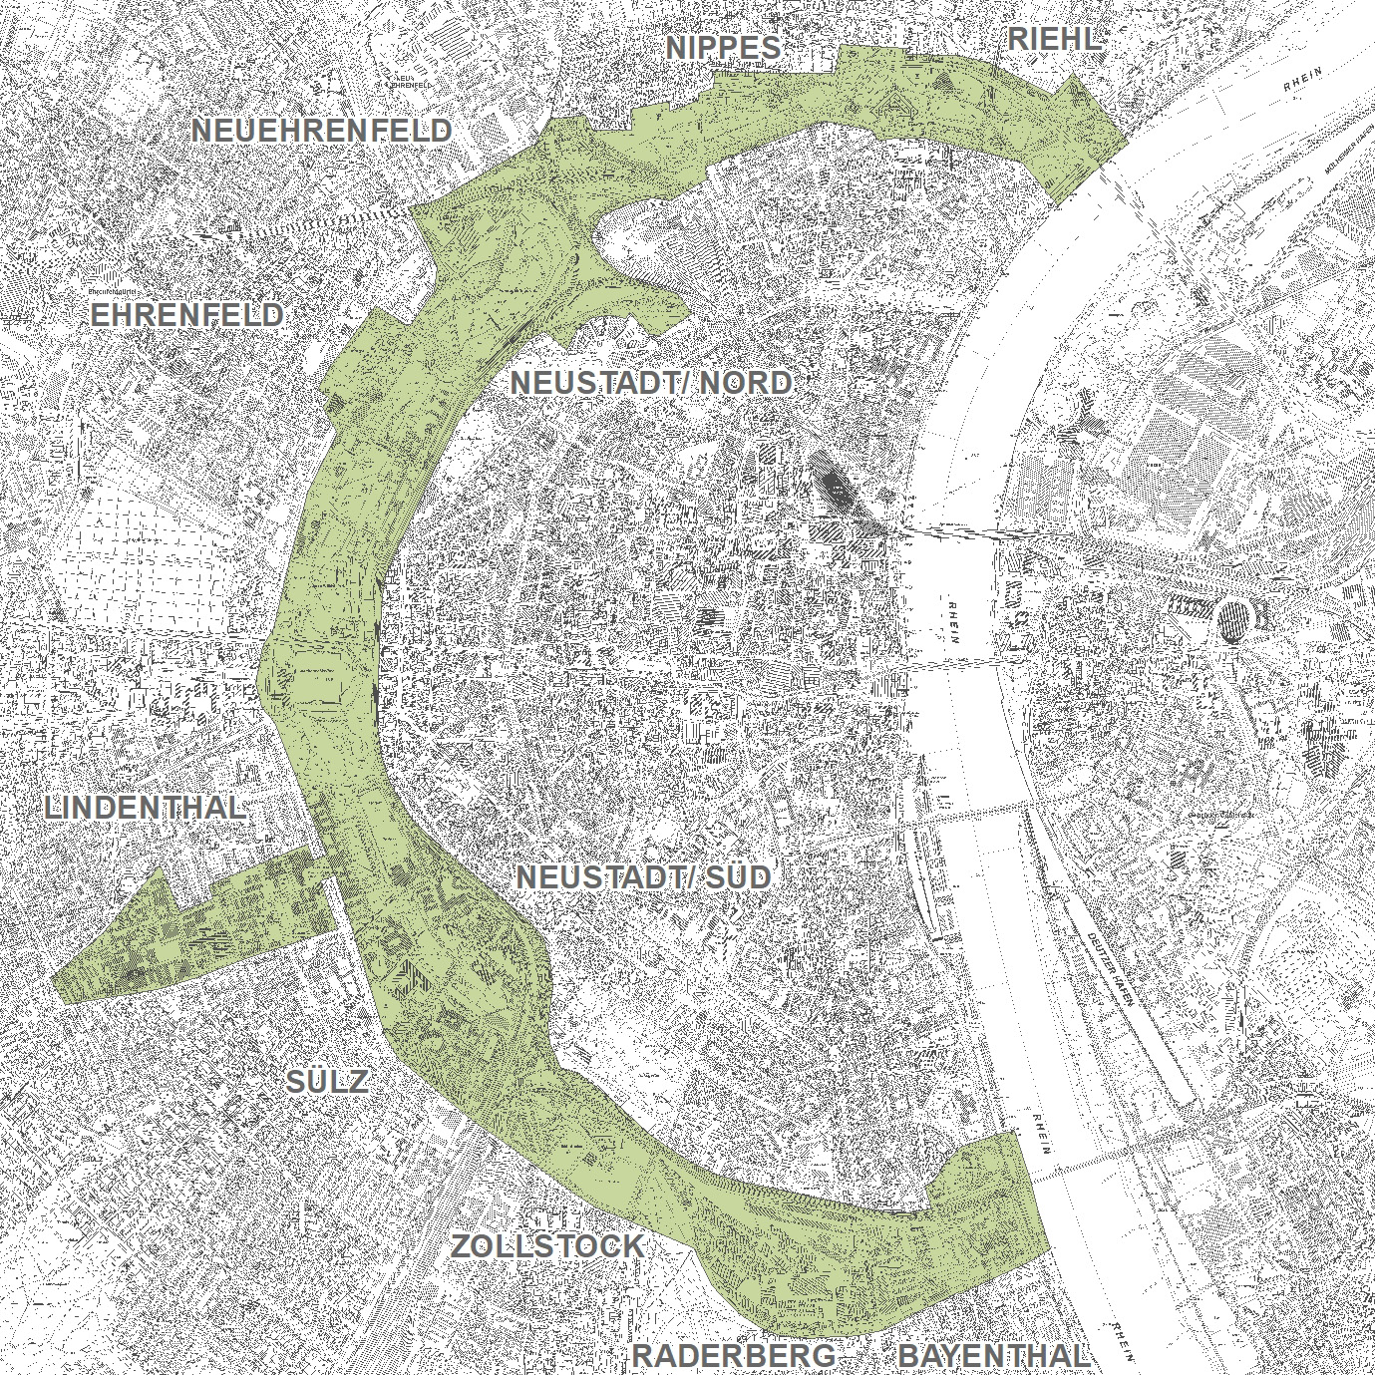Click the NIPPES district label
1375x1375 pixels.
point(723,47)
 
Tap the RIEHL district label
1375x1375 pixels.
point(1054,39)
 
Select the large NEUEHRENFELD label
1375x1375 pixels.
point(321,130)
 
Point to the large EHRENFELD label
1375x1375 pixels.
point(186,315)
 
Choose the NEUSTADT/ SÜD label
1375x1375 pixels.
point(644,876)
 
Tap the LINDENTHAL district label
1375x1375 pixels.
point(146,808)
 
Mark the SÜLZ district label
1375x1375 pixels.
point(328,1081)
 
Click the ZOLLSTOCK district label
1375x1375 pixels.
point(547,1245)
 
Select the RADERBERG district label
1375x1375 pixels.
point(734,1355)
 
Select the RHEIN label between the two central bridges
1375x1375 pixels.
point(954,623)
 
